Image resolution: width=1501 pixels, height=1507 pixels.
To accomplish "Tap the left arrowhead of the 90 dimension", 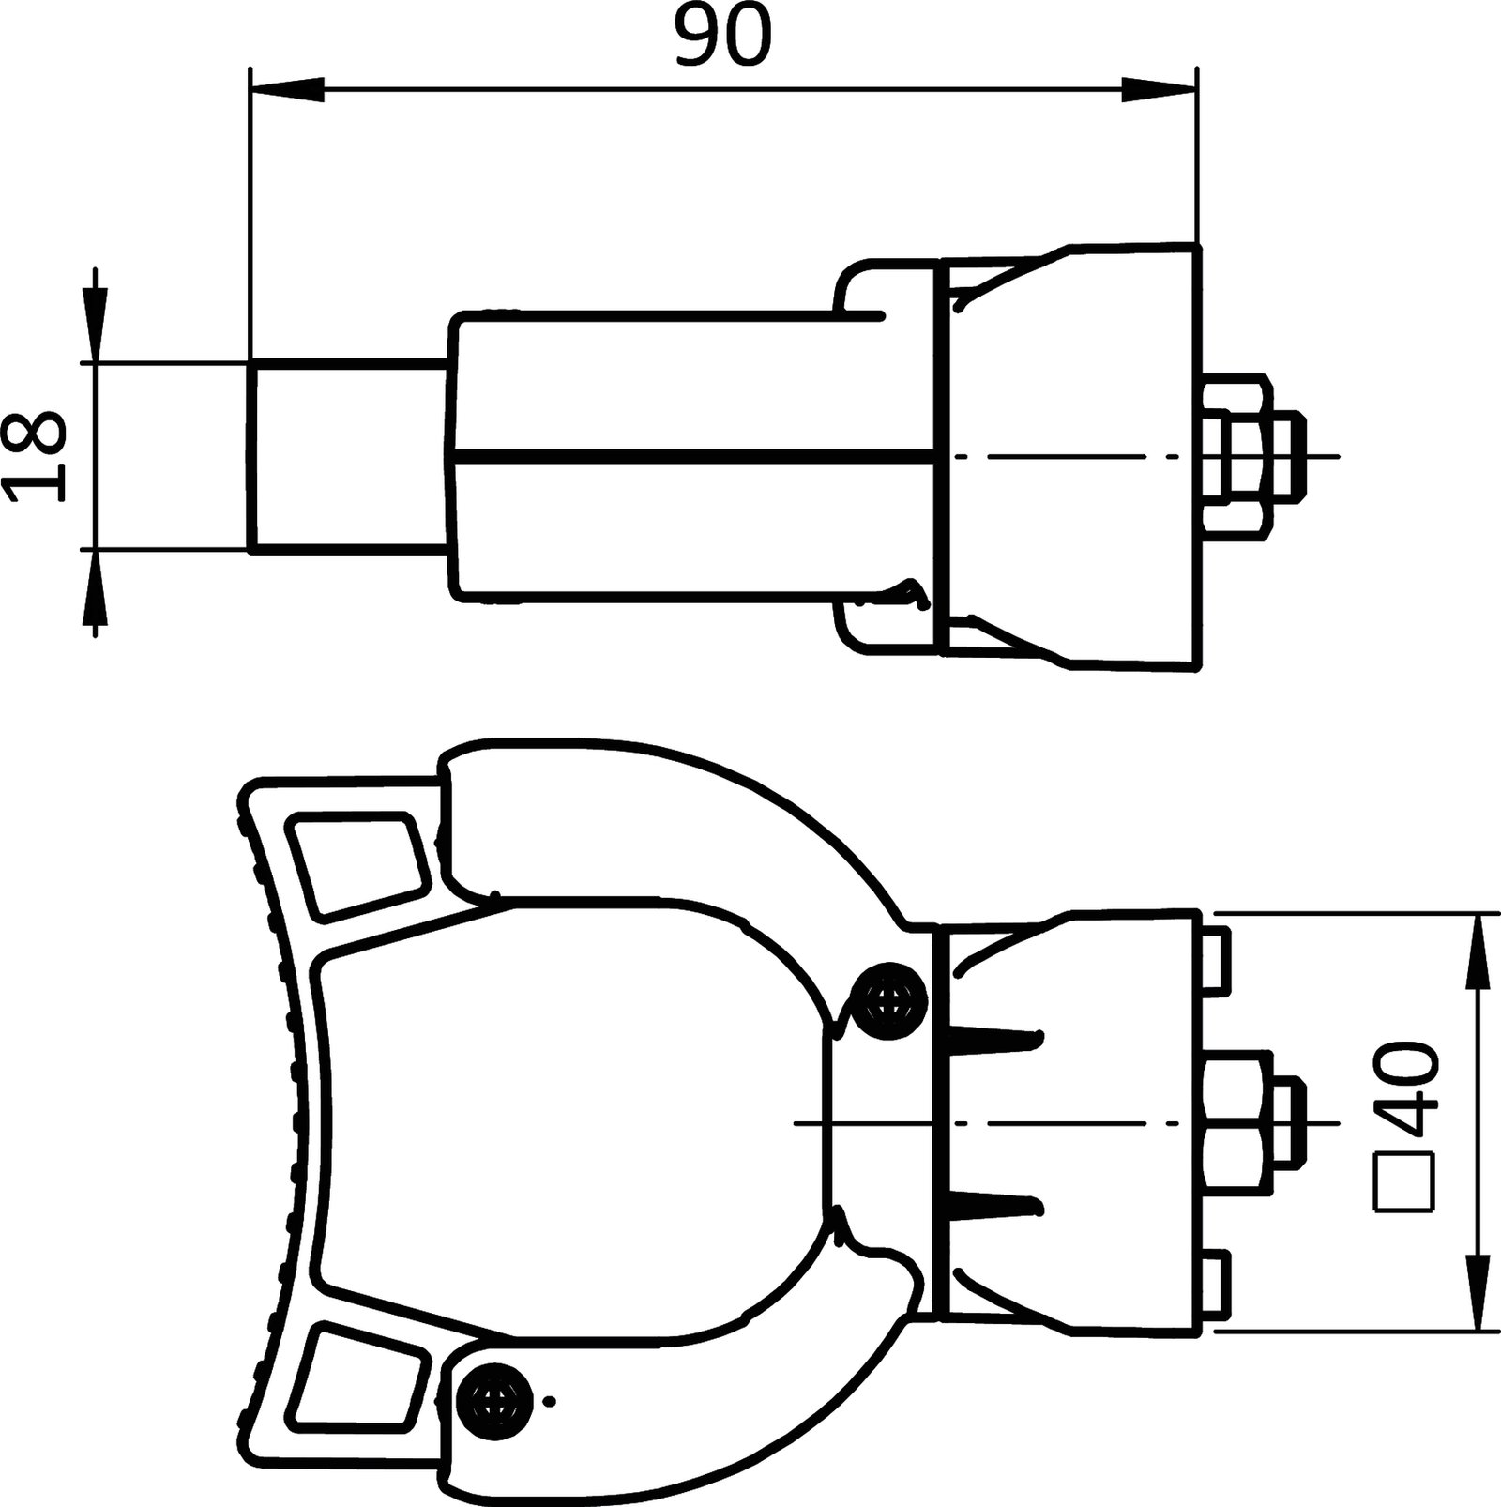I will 287,91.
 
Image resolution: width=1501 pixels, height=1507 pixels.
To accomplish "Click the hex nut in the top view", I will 1236,455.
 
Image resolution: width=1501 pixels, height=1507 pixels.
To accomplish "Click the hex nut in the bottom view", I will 1236,1122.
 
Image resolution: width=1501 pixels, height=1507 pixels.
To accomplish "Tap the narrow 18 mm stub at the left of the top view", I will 347,456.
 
